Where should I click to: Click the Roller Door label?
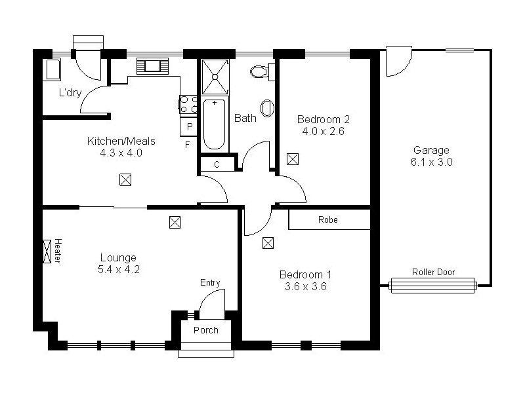(x=433, y=272)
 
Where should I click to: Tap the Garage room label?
(x=431, y=149)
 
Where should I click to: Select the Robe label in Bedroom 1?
(x=327, y=220)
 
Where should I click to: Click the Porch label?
(x=205, y=330)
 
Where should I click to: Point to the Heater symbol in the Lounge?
(x=48, y=250)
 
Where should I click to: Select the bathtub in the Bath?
(x=214, y=124)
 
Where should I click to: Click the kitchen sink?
(x=153, y=65)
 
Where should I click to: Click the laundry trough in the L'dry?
(x=52, y=70)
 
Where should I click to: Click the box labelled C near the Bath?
(x=217, y=164)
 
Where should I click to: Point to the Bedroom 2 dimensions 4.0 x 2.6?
(x=323, y=131)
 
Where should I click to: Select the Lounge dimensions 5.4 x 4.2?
(x=118, y=269)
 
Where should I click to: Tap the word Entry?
(x=210, y=283)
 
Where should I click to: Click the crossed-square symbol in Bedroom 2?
(x=292, y=159)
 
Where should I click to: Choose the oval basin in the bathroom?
(x=267, y=108)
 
